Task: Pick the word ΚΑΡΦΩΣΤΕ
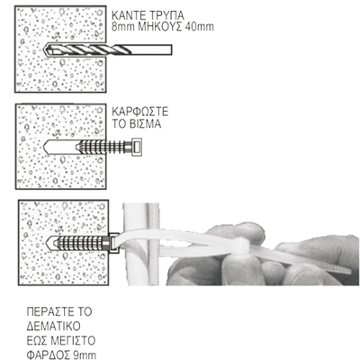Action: (x=140, y=112)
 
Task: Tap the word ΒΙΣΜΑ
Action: (x=146, y=124)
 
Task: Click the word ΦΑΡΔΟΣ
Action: (x=48, y=355)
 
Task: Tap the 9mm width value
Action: (x=85, y=355)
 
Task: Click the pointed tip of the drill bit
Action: (x=46, y=49)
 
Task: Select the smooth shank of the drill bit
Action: (x=152, y=49)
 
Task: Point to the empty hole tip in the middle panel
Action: (x=46, y=147)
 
